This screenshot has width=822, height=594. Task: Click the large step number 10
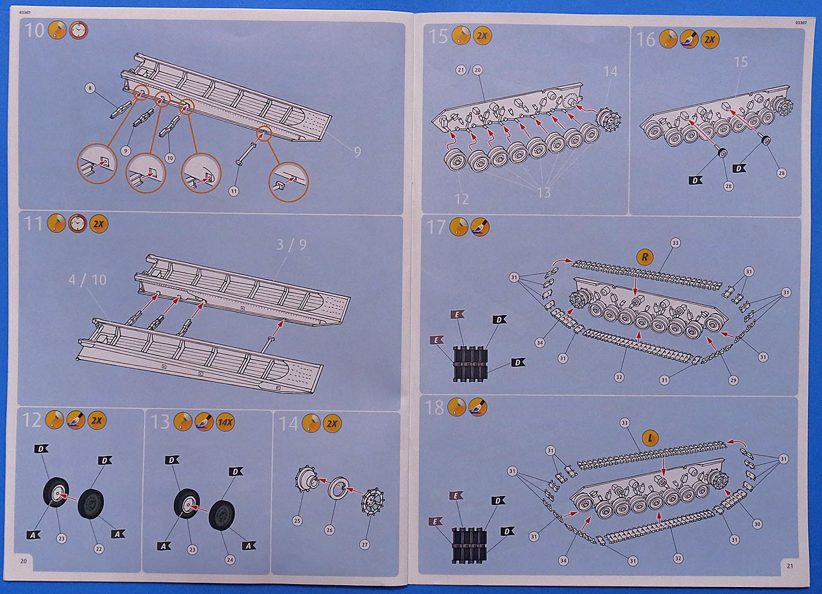(34, 30)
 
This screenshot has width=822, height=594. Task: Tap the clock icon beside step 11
(78, 223)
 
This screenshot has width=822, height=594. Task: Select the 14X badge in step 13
(225, 422)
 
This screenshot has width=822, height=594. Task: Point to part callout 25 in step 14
(297, 521)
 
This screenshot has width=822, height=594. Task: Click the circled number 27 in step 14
(365, 544)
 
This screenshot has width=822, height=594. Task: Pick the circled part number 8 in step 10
(90, 88)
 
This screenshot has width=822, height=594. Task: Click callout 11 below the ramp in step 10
(234, 191)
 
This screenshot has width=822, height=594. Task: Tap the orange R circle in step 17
(645, 257)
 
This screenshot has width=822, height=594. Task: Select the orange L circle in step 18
(650, 438)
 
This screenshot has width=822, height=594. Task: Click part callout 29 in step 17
(733, 380)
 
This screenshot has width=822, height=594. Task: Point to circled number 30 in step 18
(757, 524)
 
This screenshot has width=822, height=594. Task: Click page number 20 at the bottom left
(23, 561)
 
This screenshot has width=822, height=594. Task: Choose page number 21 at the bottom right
(790, 566)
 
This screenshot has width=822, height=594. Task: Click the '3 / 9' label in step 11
(291, 244)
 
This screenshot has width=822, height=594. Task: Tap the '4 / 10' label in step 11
(87, 280)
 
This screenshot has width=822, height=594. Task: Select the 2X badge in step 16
(710, 40)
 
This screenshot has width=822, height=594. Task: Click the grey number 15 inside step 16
(741, 62)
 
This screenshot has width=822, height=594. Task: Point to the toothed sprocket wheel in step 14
(371, 501)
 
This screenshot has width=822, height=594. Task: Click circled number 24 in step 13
(230, 559)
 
